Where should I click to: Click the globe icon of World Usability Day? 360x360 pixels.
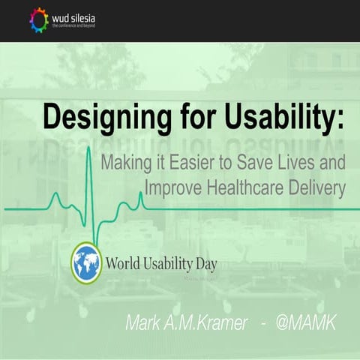[x=86, y=263]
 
